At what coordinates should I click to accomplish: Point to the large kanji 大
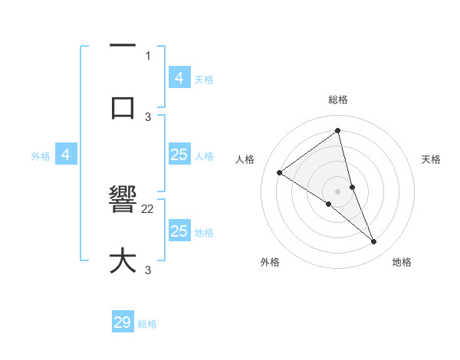coord(123,260)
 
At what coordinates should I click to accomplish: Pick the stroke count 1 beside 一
coord(148,55)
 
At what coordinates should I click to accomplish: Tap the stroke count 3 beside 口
coord(148,116)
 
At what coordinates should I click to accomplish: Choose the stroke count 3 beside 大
coord(148,270)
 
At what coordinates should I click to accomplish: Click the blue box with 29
coord(123,322)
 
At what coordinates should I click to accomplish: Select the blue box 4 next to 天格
coord(179,77)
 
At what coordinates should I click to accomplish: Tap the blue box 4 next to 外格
coord(66,155)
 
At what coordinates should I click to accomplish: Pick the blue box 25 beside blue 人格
coord(179,155)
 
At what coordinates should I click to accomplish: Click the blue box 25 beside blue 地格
coord(179,231)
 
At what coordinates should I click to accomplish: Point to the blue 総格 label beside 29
coord(147,324)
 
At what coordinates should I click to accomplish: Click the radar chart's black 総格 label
coord(337,100)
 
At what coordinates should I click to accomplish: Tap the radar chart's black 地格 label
coord(402,262)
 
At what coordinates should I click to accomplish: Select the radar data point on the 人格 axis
coord(280,172)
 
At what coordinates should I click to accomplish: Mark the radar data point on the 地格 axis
coord(373,241)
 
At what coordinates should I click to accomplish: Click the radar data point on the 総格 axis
coord(337,130)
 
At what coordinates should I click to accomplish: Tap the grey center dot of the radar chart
coord(337,191)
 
